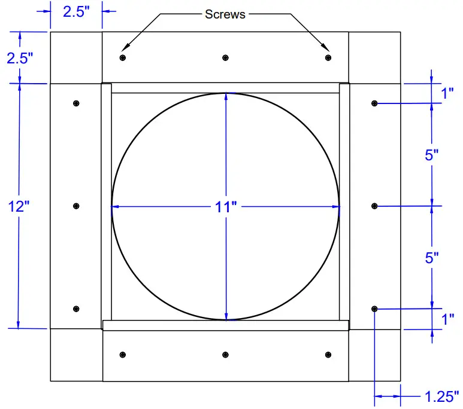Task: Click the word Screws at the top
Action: [x=225, y=14]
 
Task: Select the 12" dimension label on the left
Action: [x=19, y=207]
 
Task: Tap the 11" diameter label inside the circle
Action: [x=226, y=207]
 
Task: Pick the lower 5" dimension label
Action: [x=432, y=258]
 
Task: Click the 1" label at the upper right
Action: [x=447, y=94]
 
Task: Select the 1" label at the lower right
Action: [x=447, y=319]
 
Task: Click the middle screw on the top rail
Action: [x=225, y=57]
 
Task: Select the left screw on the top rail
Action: [x=123, y=57]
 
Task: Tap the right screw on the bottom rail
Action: [x=328, y=355]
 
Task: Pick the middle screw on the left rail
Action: [x=76, y=206]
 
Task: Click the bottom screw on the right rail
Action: [x=374, y=309]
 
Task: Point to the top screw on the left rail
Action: [x=76, y=103]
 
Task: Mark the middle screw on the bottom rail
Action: [x=225, y=355]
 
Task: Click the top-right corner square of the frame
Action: [x=374, y=57]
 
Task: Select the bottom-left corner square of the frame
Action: [x=76, y=355]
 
